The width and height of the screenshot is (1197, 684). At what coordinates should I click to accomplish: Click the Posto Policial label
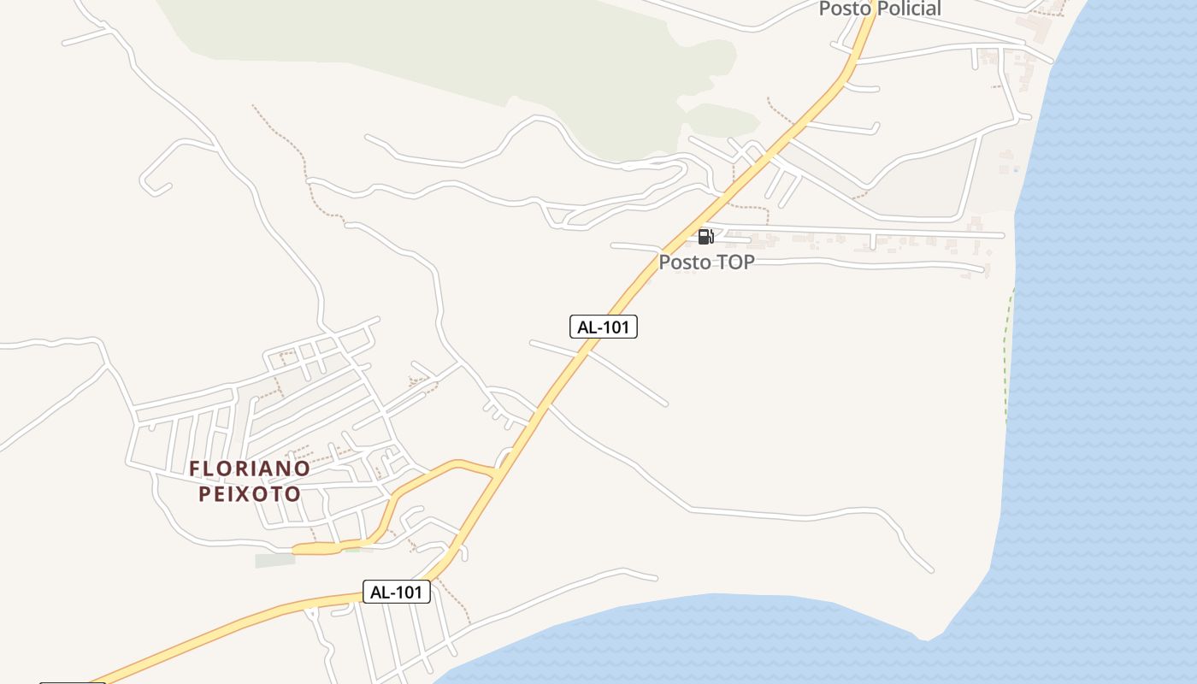(x=880, y=9)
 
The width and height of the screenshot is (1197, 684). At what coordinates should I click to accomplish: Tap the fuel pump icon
(x=705, y=236)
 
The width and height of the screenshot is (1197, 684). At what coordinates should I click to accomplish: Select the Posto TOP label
(x=706, y=262)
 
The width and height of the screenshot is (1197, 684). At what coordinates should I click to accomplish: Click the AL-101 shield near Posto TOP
(x=604, y=327)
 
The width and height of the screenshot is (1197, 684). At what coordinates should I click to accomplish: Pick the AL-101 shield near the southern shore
(x=396, y=592)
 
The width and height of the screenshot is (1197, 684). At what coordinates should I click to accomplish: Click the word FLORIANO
(x=250, y=469)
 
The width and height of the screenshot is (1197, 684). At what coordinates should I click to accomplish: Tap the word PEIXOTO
(x=250, y=494)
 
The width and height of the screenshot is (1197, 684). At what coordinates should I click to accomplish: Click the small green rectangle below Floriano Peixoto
(x=274, y=561)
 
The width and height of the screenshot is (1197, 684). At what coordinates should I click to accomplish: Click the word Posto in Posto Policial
(x=844, y=9)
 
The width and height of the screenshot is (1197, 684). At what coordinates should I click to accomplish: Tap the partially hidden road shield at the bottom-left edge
(x=73, y=682)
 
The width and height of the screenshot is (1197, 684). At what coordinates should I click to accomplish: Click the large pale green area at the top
(x=385, y=43)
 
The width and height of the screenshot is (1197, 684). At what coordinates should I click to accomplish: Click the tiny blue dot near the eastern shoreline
(x=1016, y=169)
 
